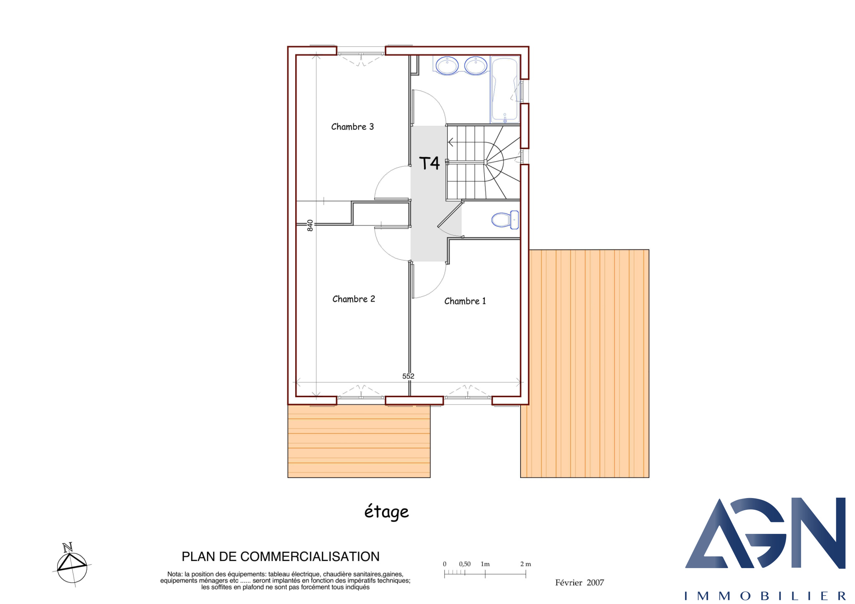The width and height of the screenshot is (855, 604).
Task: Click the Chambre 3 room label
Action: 352,127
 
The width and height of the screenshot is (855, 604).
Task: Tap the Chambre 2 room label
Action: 354,299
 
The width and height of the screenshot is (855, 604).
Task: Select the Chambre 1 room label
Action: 465,301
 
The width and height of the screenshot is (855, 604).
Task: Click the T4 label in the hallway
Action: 429,163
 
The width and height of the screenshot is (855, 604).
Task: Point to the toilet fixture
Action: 505,220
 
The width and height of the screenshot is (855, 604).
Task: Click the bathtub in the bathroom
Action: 505,90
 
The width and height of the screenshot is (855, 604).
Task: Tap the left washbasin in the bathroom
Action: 447,66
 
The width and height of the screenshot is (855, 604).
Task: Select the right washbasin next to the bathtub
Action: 476,66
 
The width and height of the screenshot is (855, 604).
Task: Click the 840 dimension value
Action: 310,226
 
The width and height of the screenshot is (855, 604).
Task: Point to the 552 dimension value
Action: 408,376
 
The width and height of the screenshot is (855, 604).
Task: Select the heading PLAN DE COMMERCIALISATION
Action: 281,557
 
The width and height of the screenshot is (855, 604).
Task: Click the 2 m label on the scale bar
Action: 526,564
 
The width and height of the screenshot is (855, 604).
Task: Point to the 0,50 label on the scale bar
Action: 465,564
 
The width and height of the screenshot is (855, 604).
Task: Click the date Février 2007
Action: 579,583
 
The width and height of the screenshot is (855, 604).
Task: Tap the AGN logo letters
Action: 765,533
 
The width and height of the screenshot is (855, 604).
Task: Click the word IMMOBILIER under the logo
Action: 765,596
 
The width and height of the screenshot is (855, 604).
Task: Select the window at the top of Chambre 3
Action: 361,53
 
